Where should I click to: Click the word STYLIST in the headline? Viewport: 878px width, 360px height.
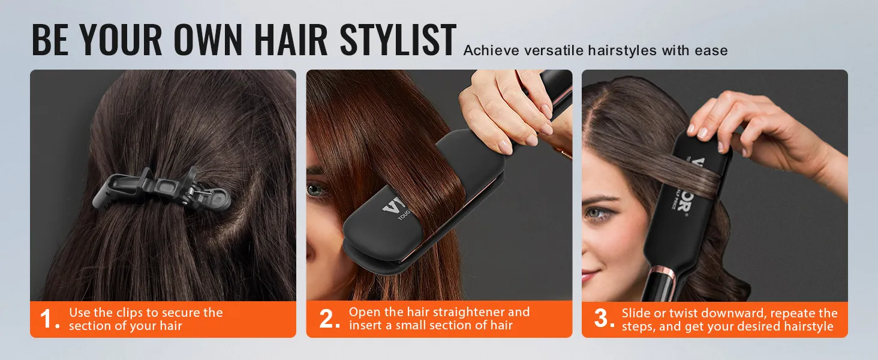[x=398, y=41]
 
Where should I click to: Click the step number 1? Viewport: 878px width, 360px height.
[x=49, y=319]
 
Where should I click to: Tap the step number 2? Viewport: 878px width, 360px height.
[x=329, y=319]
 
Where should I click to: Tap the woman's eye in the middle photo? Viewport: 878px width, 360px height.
[x=315, y=191]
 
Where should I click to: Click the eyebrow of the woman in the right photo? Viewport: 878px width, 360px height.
[x=600, y=197]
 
